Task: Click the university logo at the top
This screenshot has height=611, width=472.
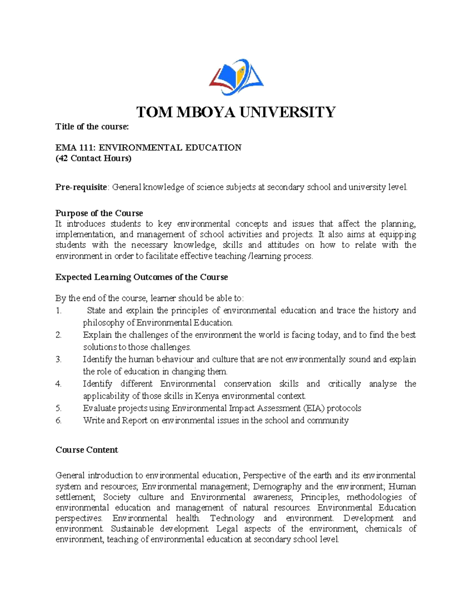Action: coord(236,77)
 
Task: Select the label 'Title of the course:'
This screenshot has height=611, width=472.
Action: coord(92,127)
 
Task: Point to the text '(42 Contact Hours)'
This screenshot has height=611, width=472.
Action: coord(93,158)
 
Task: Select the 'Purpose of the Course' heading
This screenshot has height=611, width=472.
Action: coord(99,213)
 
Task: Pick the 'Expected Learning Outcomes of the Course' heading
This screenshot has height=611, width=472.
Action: coord(142,277)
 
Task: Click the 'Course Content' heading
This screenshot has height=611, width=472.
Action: coord(87,450)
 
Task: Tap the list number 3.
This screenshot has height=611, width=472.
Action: coord(59,359)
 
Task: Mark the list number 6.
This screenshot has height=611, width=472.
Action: coord(59,420)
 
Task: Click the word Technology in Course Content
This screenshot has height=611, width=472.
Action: coord(232,518)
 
